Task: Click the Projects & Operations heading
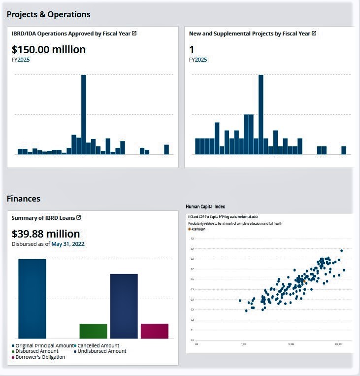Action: point(49,14)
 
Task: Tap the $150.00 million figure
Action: point(48,49)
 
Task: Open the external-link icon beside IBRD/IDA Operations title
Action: point(134,34)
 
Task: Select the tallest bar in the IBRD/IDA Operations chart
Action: point(84,114)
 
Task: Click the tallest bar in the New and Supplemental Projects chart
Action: point(261,114)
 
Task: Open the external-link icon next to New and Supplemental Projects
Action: point(314,34)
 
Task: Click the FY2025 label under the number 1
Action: point(198,60)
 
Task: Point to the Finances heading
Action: point(24,199)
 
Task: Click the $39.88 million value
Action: point(45,234)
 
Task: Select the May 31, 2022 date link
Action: point(68,243)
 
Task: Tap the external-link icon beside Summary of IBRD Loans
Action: point(78,217)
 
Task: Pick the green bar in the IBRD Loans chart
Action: point(93,331)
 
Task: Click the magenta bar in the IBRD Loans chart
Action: point(154,331)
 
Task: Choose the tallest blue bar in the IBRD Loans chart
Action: point(32,299)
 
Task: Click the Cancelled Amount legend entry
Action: point(98,345)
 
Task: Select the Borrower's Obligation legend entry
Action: point(40,357)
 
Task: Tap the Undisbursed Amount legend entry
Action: point(101,351)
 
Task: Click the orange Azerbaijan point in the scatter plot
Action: point(304,281)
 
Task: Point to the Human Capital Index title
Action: point(205,206)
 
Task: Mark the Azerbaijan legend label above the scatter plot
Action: point(198,229)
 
